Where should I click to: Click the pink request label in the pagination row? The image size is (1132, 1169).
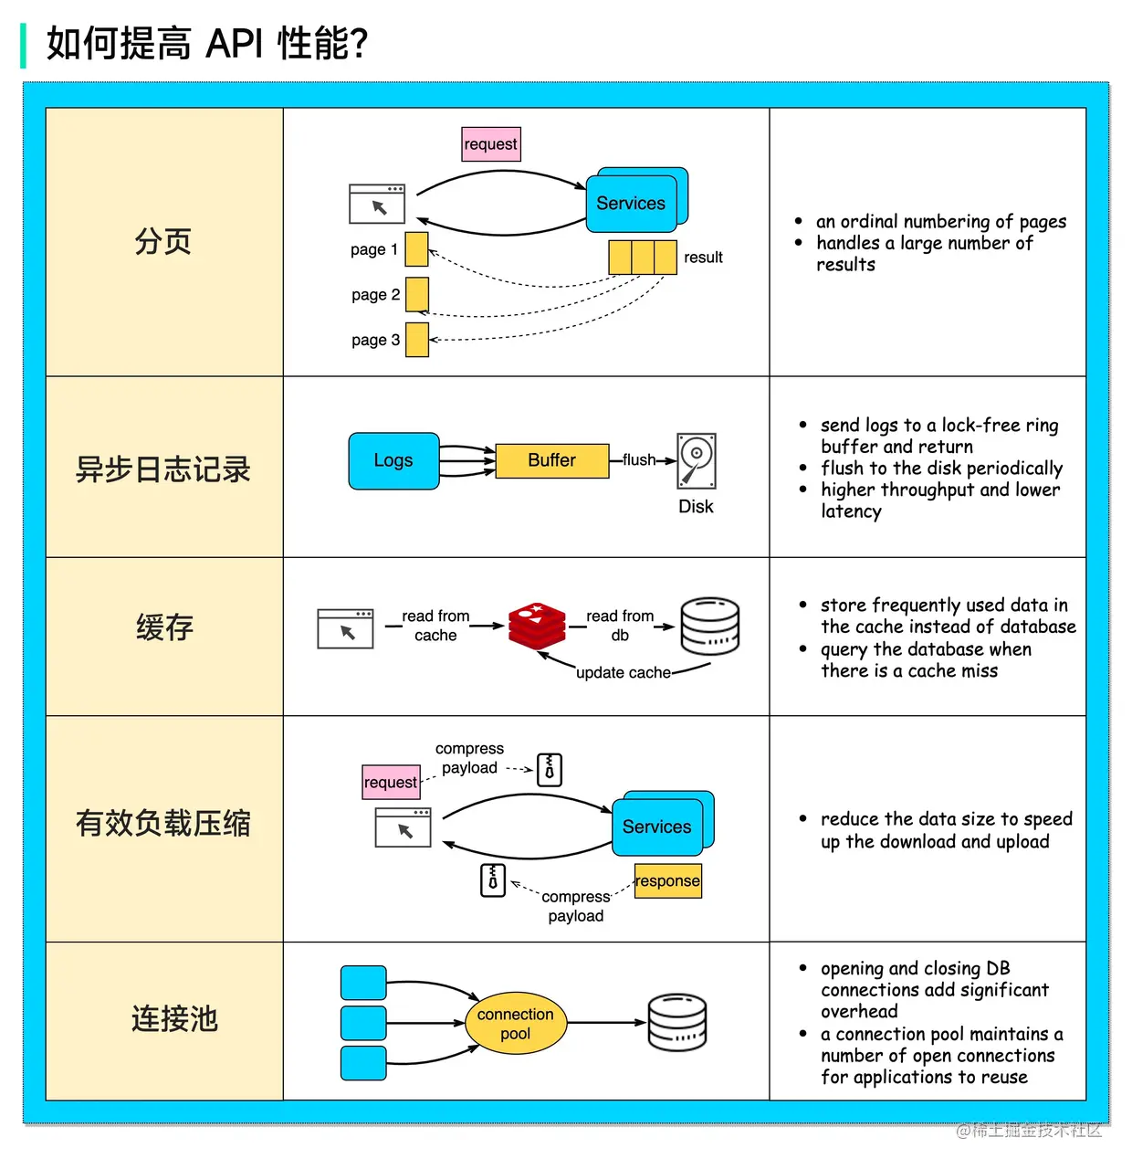coord(491,144)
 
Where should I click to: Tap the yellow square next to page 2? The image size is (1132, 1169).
coord(417,295)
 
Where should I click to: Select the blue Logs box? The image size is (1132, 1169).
coord(393,461)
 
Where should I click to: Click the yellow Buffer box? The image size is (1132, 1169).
coord(551,461)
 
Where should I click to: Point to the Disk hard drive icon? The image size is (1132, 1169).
coord(697,461)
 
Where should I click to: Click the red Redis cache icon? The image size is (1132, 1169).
coord(537,626)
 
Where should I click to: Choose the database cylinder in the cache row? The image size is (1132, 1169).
coord(710,627)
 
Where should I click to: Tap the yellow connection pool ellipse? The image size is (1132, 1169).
coord(516,1024)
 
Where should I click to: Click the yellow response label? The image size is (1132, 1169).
coord(668,881)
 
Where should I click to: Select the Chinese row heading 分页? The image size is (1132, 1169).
coord(163,242)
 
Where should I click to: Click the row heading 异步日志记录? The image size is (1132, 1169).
coord(163,469)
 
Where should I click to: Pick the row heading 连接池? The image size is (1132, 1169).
coord(173,1018)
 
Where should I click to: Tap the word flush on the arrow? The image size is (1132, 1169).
coord(639,460)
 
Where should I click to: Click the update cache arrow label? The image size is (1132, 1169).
coord(624,673)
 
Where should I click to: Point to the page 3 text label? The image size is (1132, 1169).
coord(375,340)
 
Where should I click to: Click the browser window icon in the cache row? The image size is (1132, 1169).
coord(345,629)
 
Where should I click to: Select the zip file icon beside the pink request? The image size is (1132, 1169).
coord(550,770)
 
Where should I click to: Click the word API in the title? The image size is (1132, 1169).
coord(235,43)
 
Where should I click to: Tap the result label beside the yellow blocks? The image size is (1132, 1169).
coord(703,258)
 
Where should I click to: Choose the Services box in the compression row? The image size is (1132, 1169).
coord(657,827)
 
